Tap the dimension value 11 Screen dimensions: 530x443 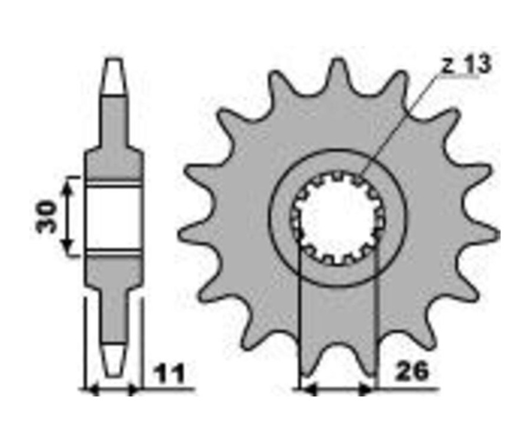point(170,373)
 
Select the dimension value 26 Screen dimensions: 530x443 point(412,371)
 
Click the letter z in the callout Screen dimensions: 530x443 point(449,67)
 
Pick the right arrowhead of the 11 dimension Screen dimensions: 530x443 point(134,390)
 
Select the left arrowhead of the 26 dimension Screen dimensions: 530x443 point(308,390)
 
